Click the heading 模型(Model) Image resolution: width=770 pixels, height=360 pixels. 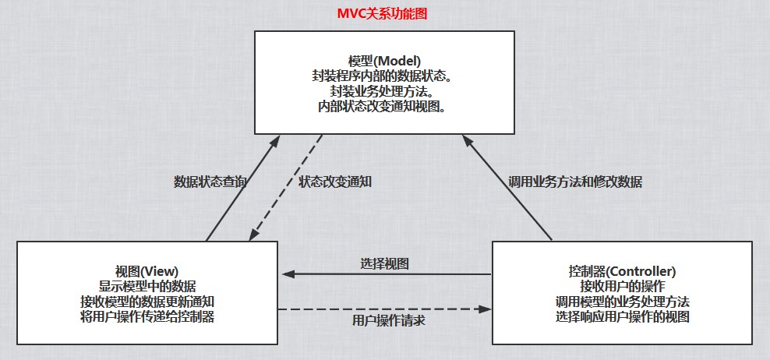tap(384, 61)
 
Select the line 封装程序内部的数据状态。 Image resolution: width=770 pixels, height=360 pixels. tap(384, 76)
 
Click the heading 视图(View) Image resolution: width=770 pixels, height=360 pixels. tap(147, 272)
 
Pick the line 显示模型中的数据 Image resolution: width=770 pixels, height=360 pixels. tap(147, 287)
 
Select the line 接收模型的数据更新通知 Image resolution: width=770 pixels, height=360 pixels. tap(147, 302)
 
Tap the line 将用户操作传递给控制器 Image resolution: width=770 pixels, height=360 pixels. tap(147, 316)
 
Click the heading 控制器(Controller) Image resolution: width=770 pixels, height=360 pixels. tap(622, 272)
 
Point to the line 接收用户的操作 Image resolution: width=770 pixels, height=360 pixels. tap(622, 287)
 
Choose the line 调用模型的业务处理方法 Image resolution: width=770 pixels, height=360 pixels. tap(622, 302)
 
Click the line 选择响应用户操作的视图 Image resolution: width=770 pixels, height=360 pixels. tap(622, 316)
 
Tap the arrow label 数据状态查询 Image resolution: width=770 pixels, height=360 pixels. tap(210, 182)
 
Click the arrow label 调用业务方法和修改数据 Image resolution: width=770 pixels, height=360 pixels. tap(575, 182)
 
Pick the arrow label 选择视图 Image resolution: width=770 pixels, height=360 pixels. tap(385, 263)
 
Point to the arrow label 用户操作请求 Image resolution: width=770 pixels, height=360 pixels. tap(385, 320)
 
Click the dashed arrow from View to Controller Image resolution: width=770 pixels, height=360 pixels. tap(385, 309)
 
